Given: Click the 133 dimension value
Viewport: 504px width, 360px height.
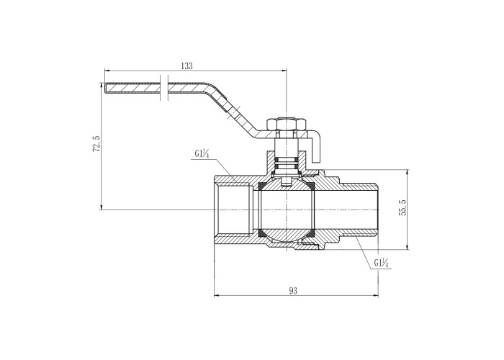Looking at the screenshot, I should tap(186, 66).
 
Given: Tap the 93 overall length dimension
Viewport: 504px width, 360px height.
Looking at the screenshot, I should tap(293, 290).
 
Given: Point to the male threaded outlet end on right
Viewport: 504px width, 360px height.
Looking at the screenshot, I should tap(364, 210).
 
